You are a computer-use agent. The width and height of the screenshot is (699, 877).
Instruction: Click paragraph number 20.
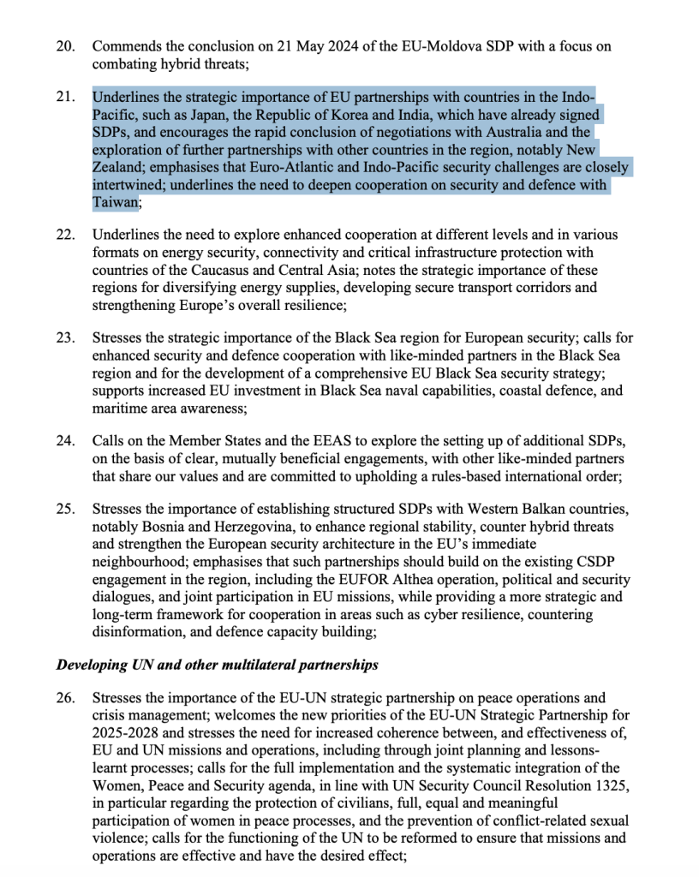[x=65, y=46]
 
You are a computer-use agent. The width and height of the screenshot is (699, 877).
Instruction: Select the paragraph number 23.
[x=65, y=338]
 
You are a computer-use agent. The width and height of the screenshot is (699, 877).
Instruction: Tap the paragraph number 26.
[x=65, y=698]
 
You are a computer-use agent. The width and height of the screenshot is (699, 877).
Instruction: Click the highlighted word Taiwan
[x=115, y=203]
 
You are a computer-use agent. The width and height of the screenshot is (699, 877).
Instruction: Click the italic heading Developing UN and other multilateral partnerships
[x=217, y=665]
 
